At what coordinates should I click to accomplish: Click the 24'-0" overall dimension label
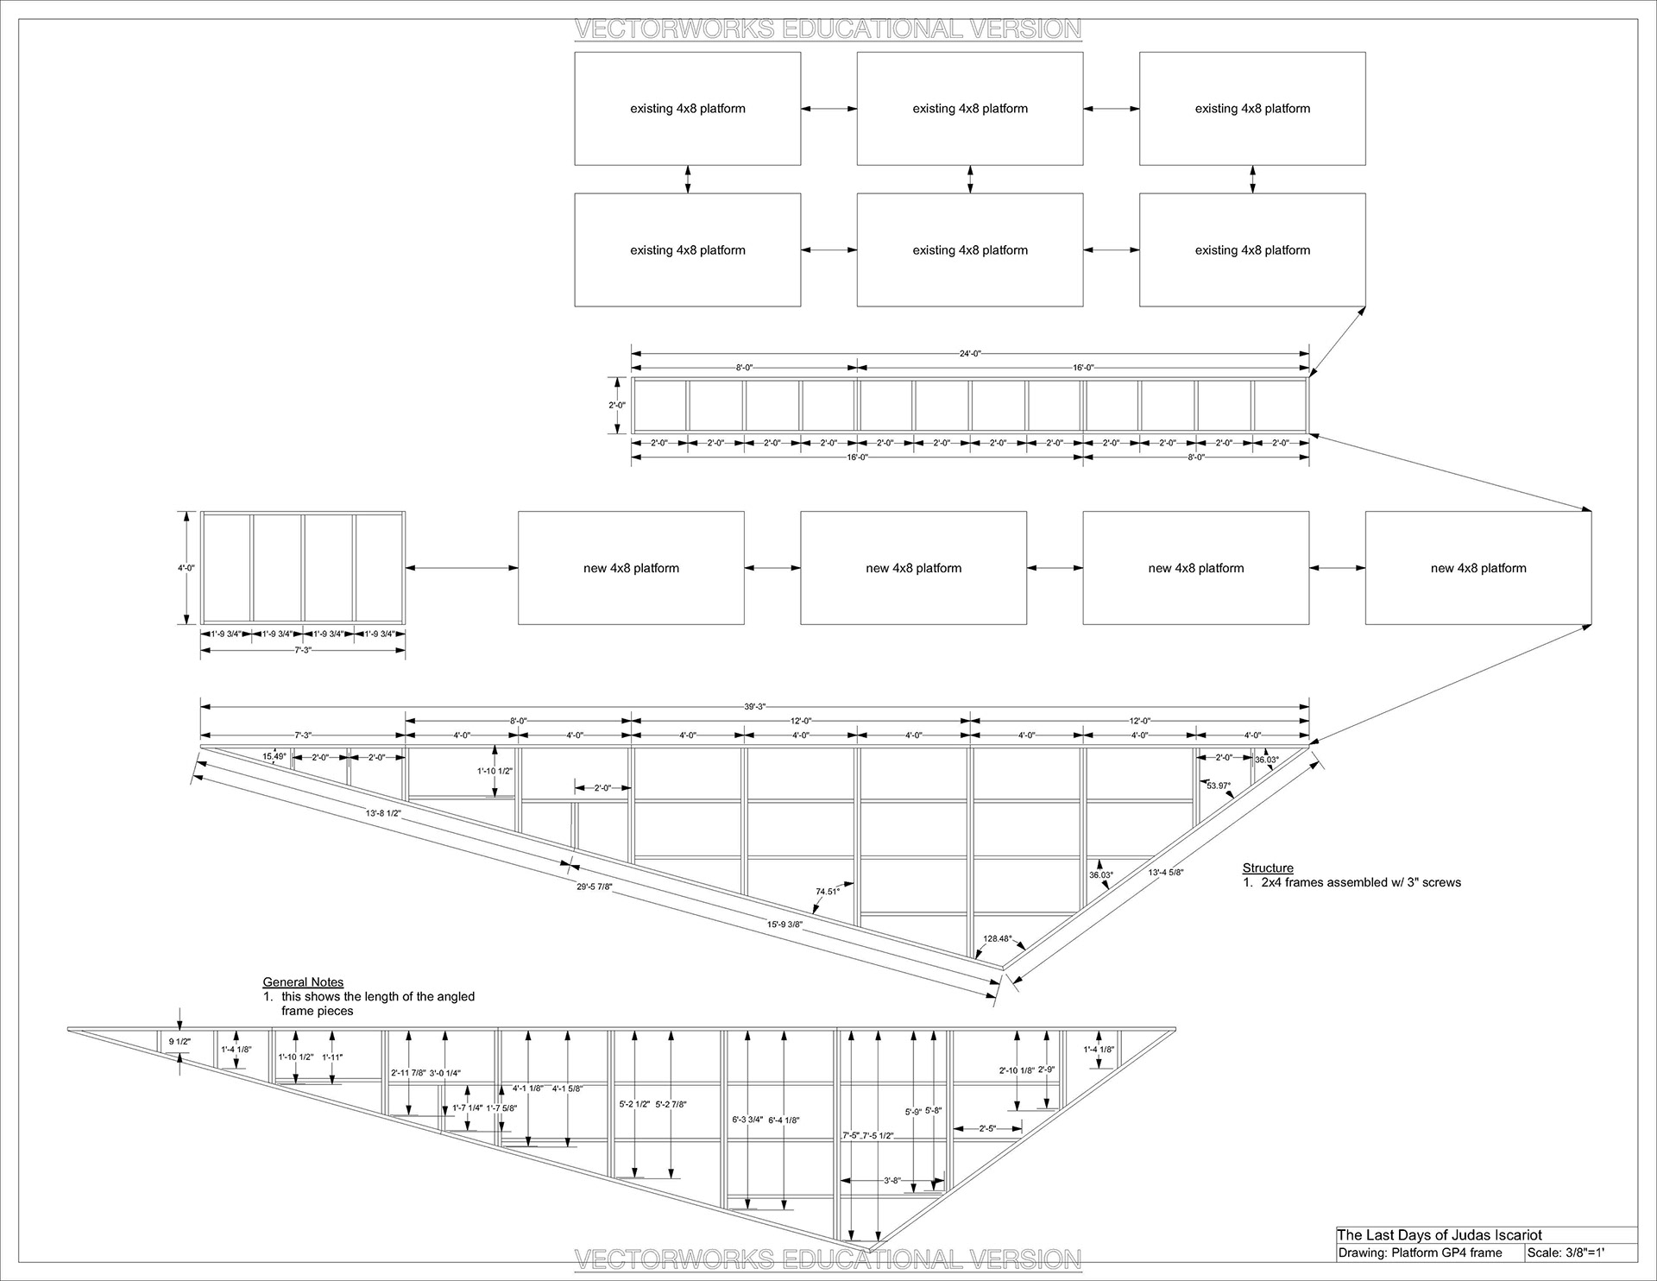pyautogui.click(x=970, y=353)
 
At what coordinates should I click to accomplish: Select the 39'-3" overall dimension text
pyautogui.click(x=754, y=706)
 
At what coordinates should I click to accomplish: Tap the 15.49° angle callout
pyautogui.click(x=274, y=756)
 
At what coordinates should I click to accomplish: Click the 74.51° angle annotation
pyautogui.click(x=828, y=892)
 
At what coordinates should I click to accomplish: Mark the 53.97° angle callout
pyautogui.click(x=1219, y=786)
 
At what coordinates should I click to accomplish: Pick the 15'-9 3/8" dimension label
pyautogui.click(x=784, y=924)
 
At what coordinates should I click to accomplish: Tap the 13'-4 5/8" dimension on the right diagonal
pyautogui.click(x=1166, y=872)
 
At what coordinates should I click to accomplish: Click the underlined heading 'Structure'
pyautogui.click(x=1268, y=868)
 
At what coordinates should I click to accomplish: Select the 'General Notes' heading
pyautogui.click(x=303, y=981)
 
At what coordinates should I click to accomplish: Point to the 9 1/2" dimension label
pyautogui.click(x=180, y=1042)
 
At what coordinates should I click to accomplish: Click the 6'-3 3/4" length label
pyautogui.click(x=747, y=1120)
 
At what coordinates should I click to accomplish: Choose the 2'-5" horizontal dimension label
pyautogui.click(x=987, y=1128)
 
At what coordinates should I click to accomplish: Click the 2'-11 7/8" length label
pyautogui.click(x=407, y=1073)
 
